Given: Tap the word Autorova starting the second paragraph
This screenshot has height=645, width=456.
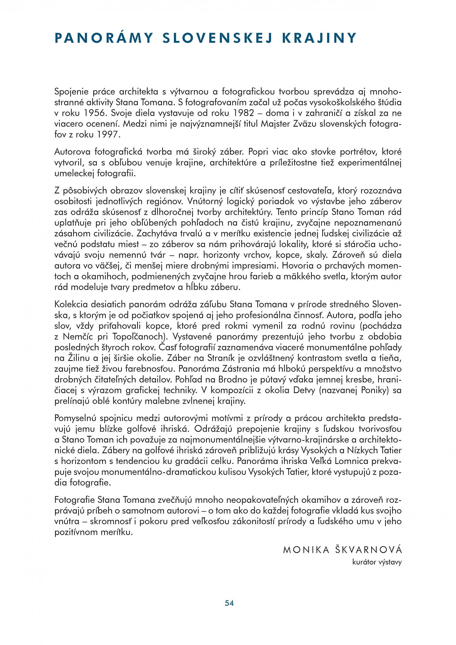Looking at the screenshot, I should click(x=72, y=152).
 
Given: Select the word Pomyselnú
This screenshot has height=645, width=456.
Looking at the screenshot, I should click(x=75, y=418).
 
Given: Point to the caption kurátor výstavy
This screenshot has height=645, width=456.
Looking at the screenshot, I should click(x=377, y=562).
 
